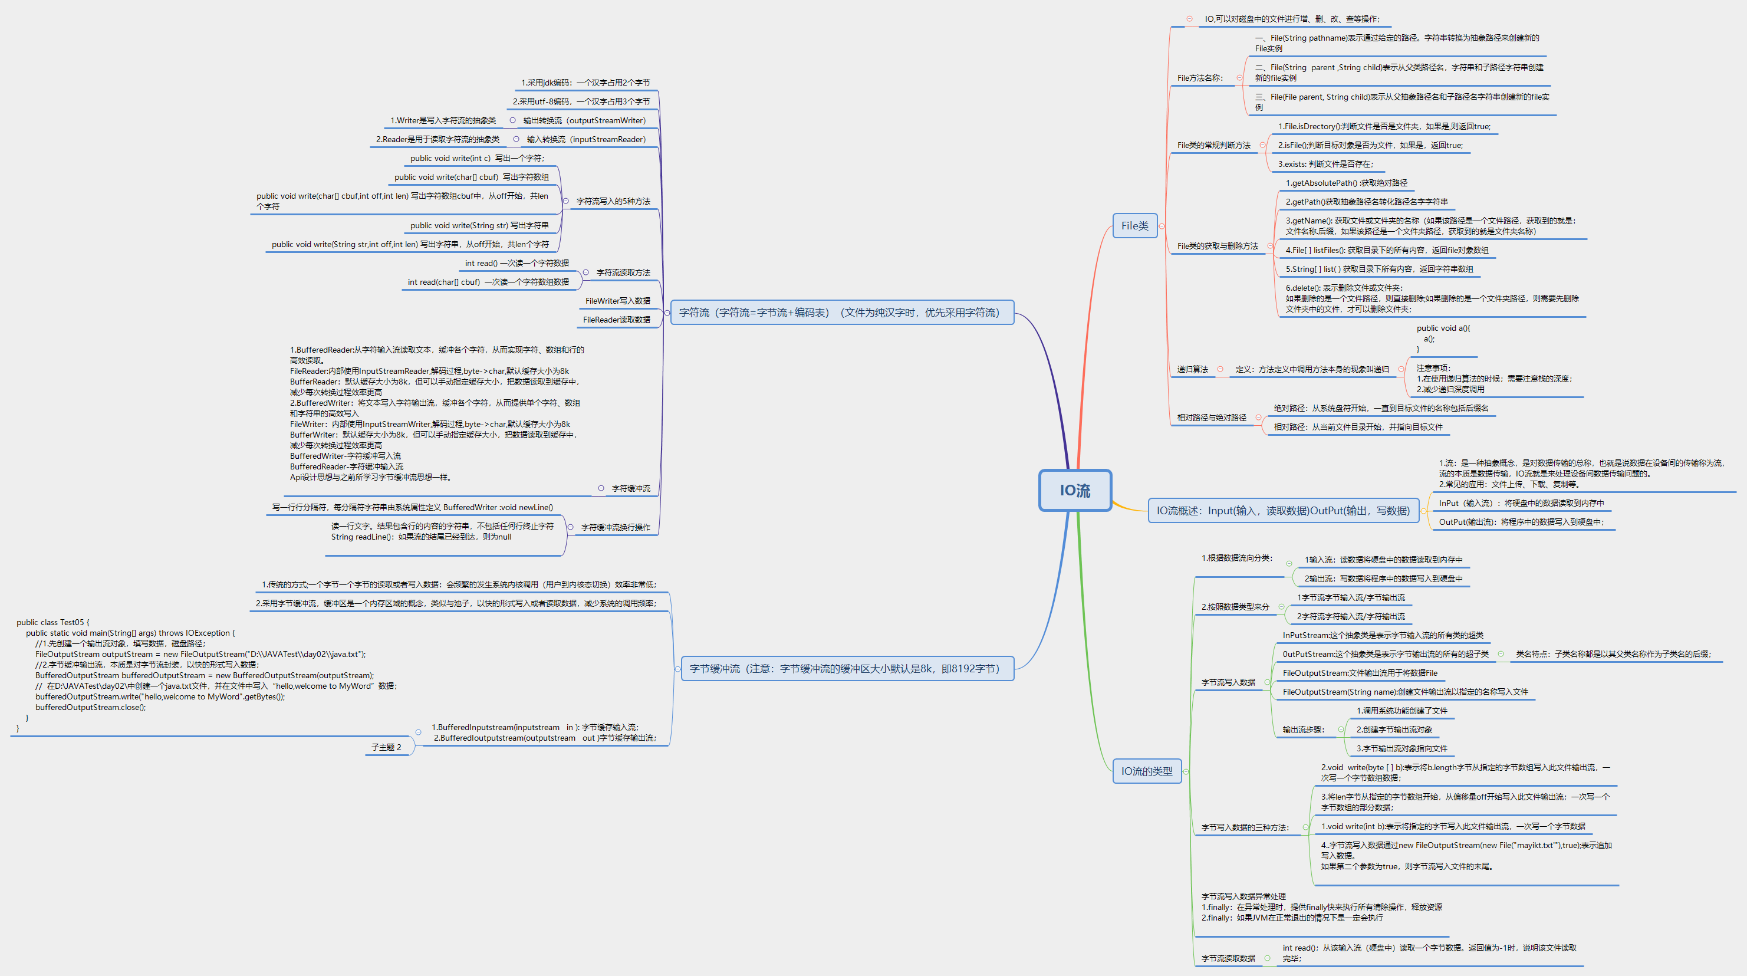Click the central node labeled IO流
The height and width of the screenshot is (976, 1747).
(1075, 491)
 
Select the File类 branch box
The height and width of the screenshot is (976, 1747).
(1134, 226)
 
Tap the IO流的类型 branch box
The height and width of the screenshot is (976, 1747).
(1146, 771)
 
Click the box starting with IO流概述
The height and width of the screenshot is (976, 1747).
(1282, 511)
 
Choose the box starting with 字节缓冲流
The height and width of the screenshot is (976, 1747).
(845, 669)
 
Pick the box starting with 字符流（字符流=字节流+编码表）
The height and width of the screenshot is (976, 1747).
(840, 313)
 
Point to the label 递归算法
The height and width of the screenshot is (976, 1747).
(1192, 370)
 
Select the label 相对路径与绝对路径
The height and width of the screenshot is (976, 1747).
(1211, 418)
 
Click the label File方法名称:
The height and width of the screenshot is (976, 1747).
(1200, 78)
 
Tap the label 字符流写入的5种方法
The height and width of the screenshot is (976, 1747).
(613, 202)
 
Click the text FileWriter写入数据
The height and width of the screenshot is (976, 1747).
(617, 301)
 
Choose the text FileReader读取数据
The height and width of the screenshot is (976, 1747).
(616, 320)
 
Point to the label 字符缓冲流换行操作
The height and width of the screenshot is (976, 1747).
(615, 527)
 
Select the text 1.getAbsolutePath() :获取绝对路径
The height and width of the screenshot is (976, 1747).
(1346, 183)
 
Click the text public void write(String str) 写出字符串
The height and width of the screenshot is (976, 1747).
(479, 226)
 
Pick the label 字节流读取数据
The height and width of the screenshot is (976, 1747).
(1228, 958)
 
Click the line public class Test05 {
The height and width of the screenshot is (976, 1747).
(53, 623)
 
